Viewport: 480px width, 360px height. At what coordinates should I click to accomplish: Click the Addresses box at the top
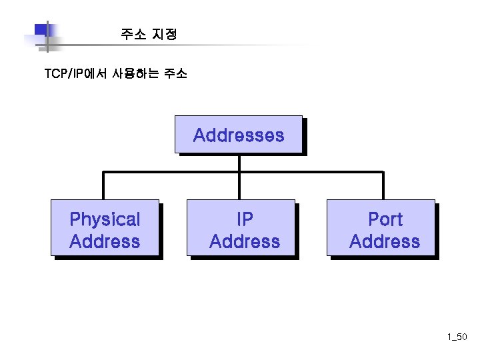238,135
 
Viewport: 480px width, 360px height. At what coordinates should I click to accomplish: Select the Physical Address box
105,228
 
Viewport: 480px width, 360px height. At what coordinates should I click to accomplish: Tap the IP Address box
241,228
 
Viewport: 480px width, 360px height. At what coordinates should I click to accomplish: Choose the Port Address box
381,228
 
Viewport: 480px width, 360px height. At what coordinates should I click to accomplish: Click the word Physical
105,219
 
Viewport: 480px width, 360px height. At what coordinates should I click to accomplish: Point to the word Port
385,219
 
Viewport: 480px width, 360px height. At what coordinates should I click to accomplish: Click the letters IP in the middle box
245,219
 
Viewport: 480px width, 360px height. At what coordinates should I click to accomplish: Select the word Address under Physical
105,241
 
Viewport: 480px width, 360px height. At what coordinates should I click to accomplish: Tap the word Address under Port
385,241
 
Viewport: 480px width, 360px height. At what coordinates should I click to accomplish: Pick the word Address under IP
245,241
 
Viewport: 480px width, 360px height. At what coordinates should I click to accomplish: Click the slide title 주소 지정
149,34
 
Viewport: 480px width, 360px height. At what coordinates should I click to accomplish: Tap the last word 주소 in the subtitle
175,73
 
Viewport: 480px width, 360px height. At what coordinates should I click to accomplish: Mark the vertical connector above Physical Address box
103,185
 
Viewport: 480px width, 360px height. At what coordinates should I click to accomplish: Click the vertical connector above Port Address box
383,185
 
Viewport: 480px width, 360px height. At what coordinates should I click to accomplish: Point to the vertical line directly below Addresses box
239,163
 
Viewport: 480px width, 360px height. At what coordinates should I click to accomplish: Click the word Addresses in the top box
238,135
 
